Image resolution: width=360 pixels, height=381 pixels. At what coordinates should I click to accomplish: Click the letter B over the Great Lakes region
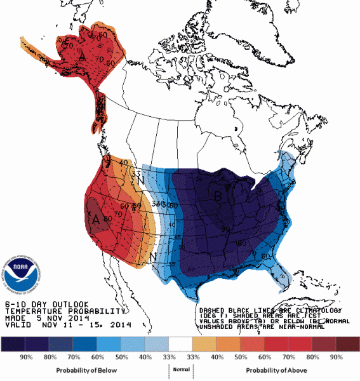click(x=218, y=197)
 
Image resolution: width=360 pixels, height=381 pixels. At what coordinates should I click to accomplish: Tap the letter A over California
click(x=97, y=219)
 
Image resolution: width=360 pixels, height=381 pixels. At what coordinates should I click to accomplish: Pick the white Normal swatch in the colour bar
click(x=180, y=344)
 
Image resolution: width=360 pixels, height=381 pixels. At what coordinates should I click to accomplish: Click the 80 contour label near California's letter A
click(x=109, y=219)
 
